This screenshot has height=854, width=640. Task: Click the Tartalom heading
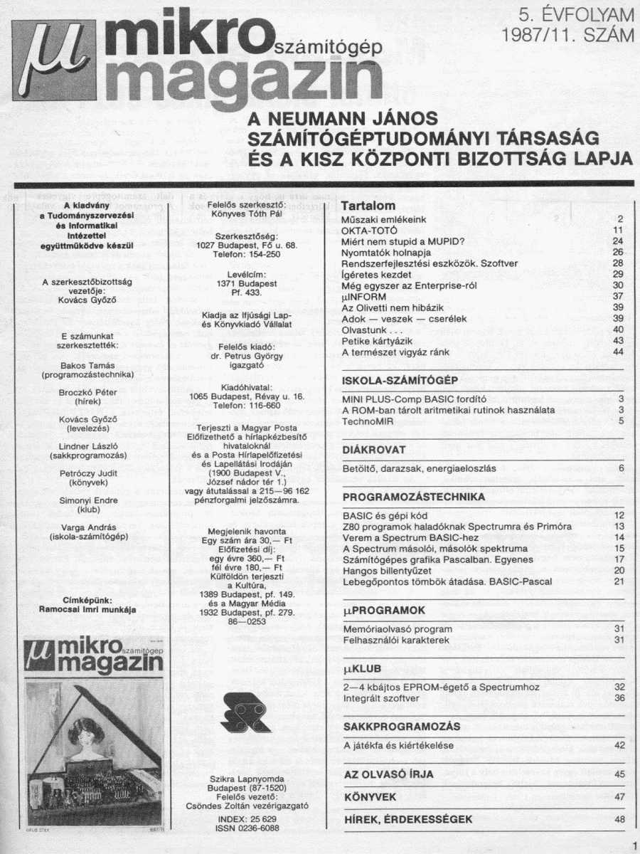pyautogui.click(x=368, y=206)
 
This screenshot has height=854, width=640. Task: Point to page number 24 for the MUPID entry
pyautogui.click(x=617, y=241)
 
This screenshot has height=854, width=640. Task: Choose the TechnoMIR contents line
pyautogui.click(x=368, y=421)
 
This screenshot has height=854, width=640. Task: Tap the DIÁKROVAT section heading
pyautogui.click(x=374, y=450)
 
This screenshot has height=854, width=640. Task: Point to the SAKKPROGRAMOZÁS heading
pyautogui.click(x=401, y=727)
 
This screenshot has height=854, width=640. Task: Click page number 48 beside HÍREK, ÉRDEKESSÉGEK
pyautogui.click(x=619, y=819)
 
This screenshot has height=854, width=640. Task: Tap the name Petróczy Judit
pyautogui.click(x=88, y=473)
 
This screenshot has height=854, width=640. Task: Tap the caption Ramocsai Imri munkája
pyautogui.click(x=88, y=609)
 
